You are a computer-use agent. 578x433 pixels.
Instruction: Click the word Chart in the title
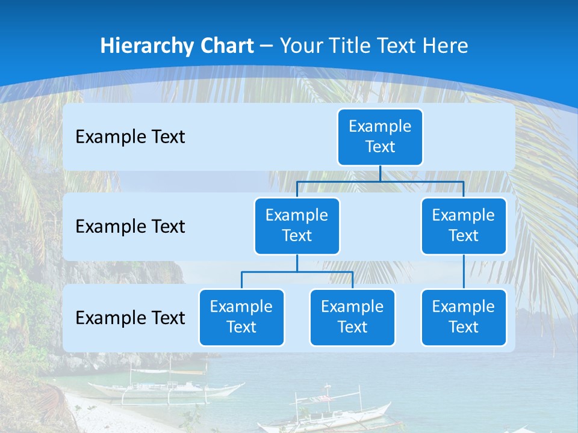[x=228, y=46]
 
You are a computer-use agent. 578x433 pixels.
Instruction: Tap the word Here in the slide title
[x=446, y=46]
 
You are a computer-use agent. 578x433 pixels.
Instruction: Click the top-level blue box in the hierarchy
[x=380, y=137]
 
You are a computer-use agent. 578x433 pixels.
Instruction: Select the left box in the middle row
[x=297, y=226]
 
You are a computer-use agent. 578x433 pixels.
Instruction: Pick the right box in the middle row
[x=464, y=226]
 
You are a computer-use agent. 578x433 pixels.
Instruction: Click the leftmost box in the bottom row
[x=241, y=317]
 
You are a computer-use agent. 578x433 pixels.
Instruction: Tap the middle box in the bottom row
[x=352, y=317]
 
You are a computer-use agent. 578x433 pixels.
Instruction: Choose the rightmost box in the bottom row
[x=464, y=317]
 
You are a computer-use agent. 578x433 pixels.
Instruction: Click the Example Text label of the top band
[x=130, y=137]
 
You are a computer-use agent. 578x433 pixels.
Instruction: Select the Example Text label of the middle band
[x=130, y=227]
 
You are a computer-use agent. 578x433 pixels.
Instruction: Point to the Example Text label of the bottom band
[x=130, y=318]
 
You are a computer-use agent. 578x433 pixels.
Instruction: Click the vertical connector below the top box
[x=380, y=173]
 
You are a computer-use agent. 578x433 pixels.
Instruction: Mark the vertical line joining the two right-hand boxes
[x=464, y=272]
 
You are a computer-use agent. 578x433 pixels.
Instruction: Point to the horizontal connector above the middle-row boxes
[x=380, y=181]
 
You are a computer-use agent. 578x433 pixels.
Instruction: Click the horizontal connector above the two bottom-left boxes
[x=297, y=272]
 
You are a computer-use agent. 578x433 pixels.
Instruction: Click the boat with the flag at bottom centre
[x=325, y=412]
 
